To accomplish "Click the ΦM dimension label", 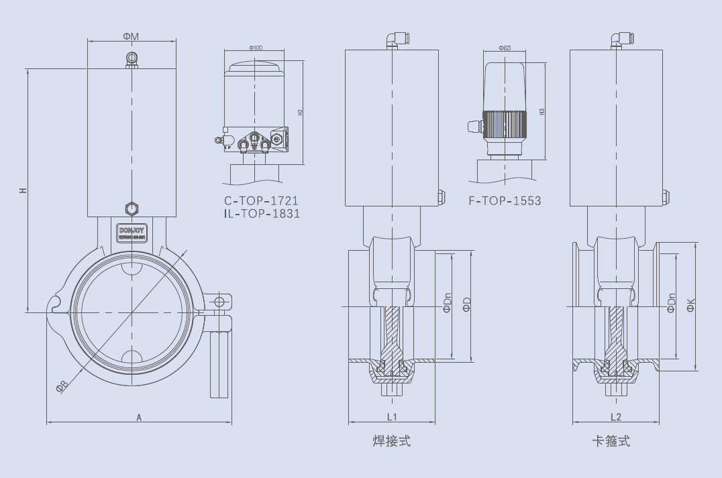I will pos(131,36).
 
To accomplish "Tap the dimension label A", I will pos(139,418).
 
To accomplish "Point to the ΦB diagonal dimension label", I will pos(62,386).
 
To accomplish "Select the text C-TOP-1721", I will pos(261,200).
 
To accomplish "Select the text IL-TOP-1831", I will pos(262,214).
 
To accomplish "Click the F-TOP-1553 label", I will pos(505,200).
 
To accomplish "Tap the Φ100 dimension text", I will pos(256,48).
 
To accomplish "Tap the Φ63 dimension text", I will pos(505,48).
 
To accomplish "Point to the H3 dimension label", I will pos(541,111).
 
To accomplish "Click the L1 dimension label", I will pos(393,417).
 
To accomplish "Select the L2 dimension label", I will pos(616,417).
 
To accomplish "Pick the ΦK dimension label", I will pos(690,305).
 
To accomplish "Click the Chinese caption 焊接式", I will pos(391,441).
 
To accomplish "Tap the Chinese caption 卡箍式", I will pos(611,441).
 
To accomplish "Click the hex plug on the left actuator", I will pos(130,208).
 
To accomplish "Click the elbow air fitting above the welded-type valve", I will pos(393,40).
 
